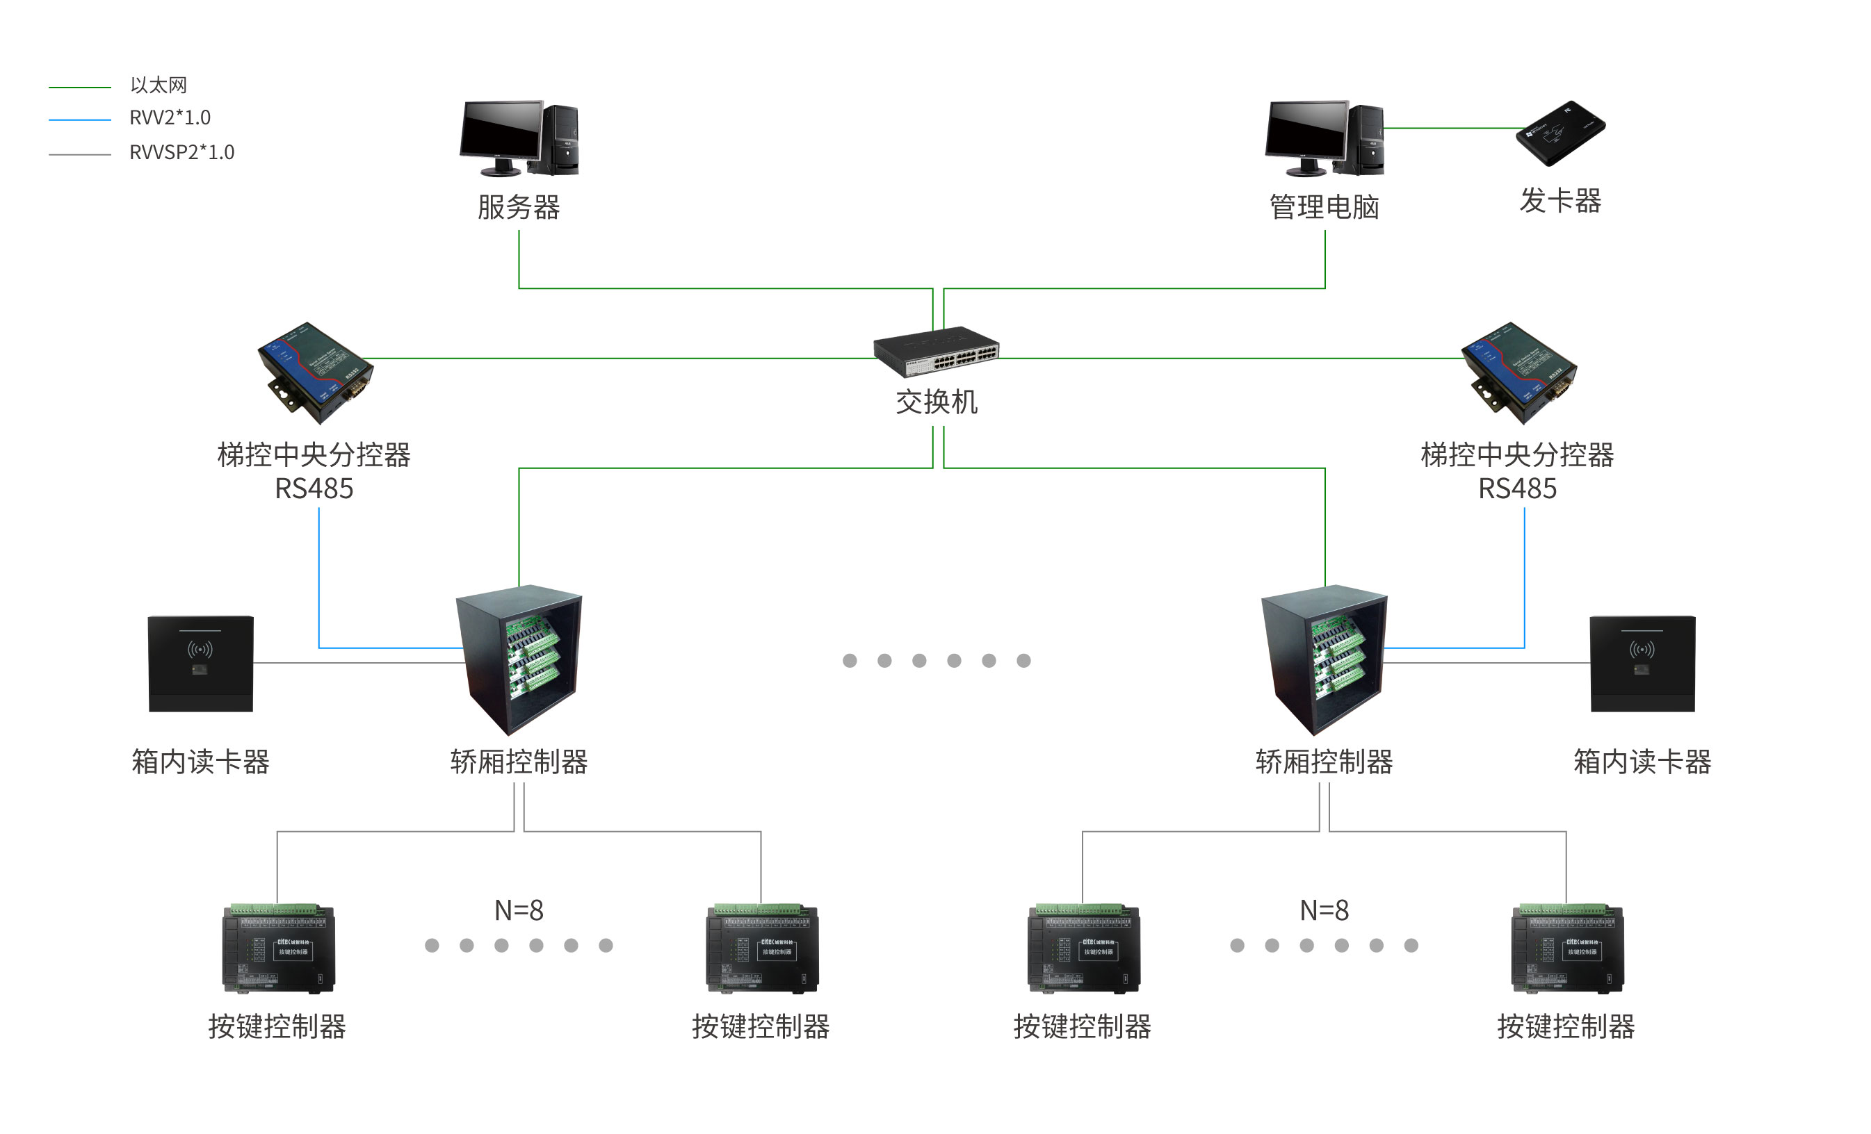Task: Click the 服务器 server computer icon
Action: click(x=519, y=138)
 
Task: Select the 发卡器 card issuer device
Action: click(x=1560, y=133)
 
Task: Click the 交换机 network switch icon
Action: click(x=936, y=351)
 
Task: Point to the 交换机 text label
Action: click(x=937, y=402)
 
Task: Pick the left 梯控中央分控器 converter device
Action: click(x=315, y=372)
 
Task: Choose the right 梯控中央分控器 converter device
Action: click(x=1518, y=372)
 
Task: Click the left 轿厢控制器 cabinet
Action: click(x=519, y=659)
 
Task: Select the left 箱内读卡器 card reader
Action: click(x=200, y=664)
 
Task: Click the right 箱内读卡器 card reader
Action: click(x=1642, y=664)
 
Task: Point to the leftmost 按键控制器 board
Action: click(x=278, y=948)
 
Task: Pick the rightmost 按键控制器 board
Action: click(x=1566, y=948)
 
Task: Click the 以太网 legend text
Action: click(x=158, y=85)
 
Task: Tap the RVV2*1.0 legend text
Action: click(x=170, y=117)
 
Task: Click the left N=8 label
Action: click(x=519, y=910)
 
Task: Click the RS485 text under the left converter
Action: click(x=314, y=488)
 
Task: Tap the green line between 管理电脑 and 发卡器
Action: click(x=1450, y=129)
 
